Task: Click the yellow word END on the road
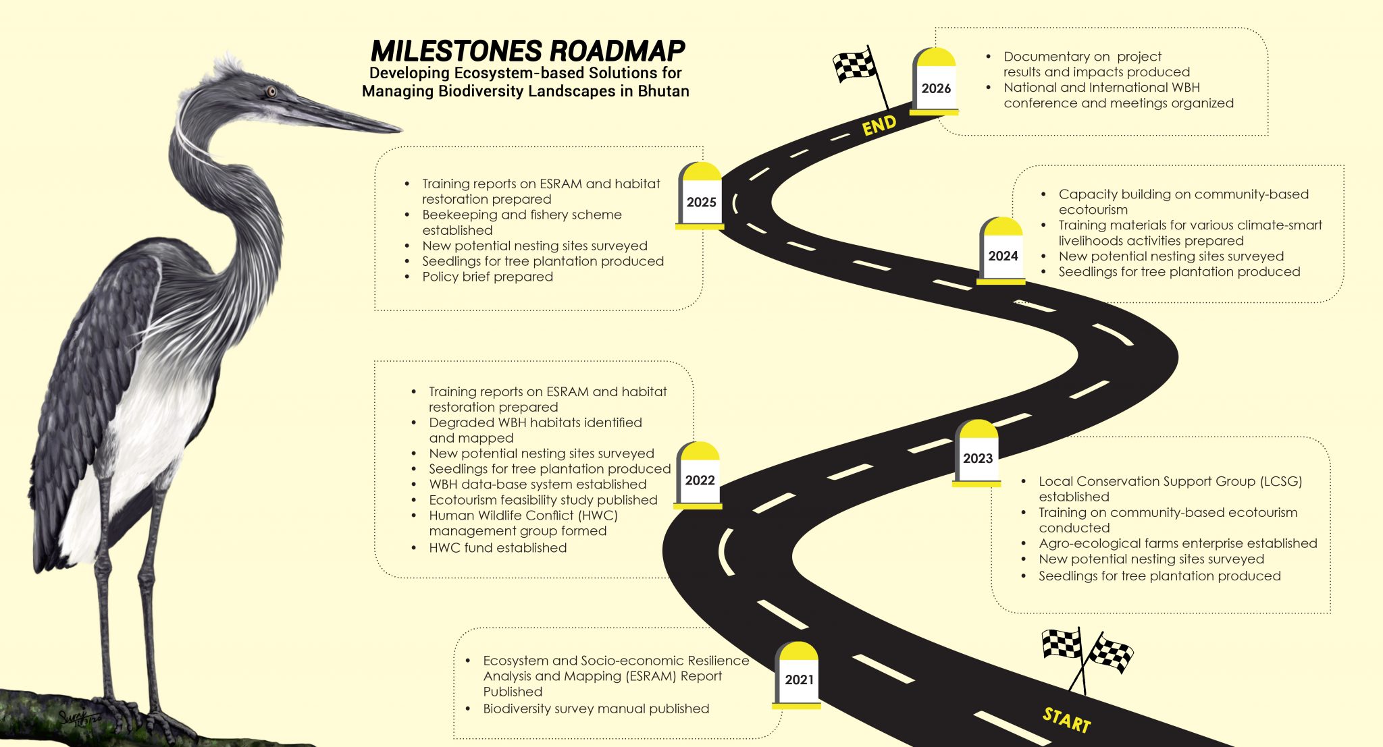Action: point(879,125)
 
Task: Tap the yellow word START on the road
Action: point(1066,719)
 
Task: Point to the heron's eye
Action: point(271,91)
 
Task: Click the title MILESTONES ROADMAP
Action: point(527,51)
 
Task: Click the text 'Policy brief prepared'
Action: point(487,277)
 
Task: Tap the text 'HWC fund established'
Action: point(498,548)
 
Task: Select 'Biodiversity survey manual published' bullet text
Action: point(596,709)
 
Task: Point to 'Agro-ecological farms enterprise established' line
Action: point(1178,543)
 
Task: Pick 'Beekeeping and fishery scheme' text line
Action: point(521,215)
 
